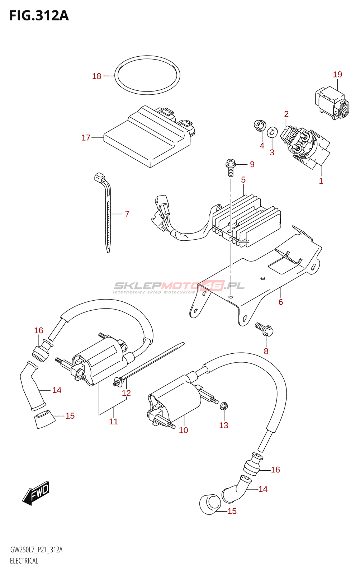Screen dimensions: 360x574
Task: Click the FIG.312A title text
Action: pyautogui.click(x=39, y=16)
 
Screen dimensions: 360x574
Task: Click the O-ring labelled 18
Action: pyautogui.click(x=147, y=75)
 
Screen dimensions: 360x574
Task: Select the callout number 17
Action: pyautogui.click(x=86, y=138)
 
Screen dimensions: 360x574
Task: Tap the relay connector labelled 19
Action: pyautogui.click(x=332, y=103)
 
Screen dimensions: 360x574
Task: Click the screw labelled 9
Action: pyautogui.click(x=230, y=167)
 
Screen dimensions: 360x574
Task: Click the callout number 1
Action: pyautogui.click(x=321, y=181)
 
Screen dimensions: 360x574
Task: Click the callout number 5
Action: pyautogui.click(x=243, y=180)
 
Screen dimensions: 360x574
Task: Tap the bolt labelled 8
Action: pyautogui.click(x=264, y=329)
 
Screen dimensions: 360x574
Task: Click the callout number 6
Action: pyautogui.click(x=281, y=302)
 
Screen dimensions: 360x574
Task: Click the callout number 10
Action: pyautogui.click(x=183, y=430)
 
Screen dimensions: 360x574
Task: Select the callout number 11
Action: pyautogui.click(x=113, y=421)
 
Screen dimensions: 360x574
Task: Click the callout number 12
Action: pyautogui.click(x=126, y=393)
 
